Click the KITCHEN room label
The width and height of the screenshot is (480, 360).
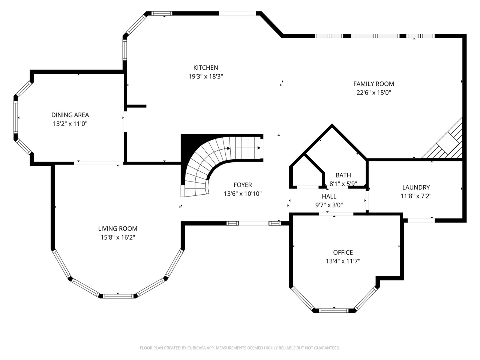(205, 68)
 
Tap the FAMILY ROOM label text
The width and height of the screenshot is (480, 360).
(373, 84)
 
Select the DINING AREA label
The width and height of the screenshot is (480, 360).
(70, 115)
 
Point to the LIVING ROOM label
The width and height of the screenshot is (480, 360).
(118, 229)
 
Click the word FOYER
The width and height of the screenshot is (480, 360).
(243, 185)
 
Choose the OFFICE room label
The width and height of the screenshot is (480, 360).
(343, 253)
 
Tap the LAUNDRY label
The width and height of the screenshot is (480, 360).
(416, 187)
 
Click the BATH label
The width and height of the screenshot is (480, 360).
(343, 175)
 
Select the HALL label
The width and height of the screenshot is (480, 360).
(329, 196)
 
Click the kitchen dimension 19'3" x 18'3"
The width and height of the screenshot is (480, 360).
(205, 76)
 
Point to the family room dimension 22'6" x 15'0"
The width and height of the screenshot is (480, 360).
(373, 93)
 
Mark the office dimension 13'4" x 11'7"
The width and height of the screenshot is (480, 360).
(343, 261)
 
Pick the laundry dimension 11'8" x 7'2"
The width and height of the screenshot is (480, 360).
(416, 196)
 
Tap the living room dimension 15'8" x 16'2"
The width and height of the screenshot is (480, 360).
(118, 237)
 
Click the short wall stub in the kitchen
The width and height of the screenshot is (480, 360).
(136, 106)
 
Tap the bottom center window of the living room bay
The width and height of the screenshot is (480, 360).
(118, 296)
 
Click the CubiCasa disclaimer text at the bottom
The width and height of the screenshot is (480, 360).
(240, 348)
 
